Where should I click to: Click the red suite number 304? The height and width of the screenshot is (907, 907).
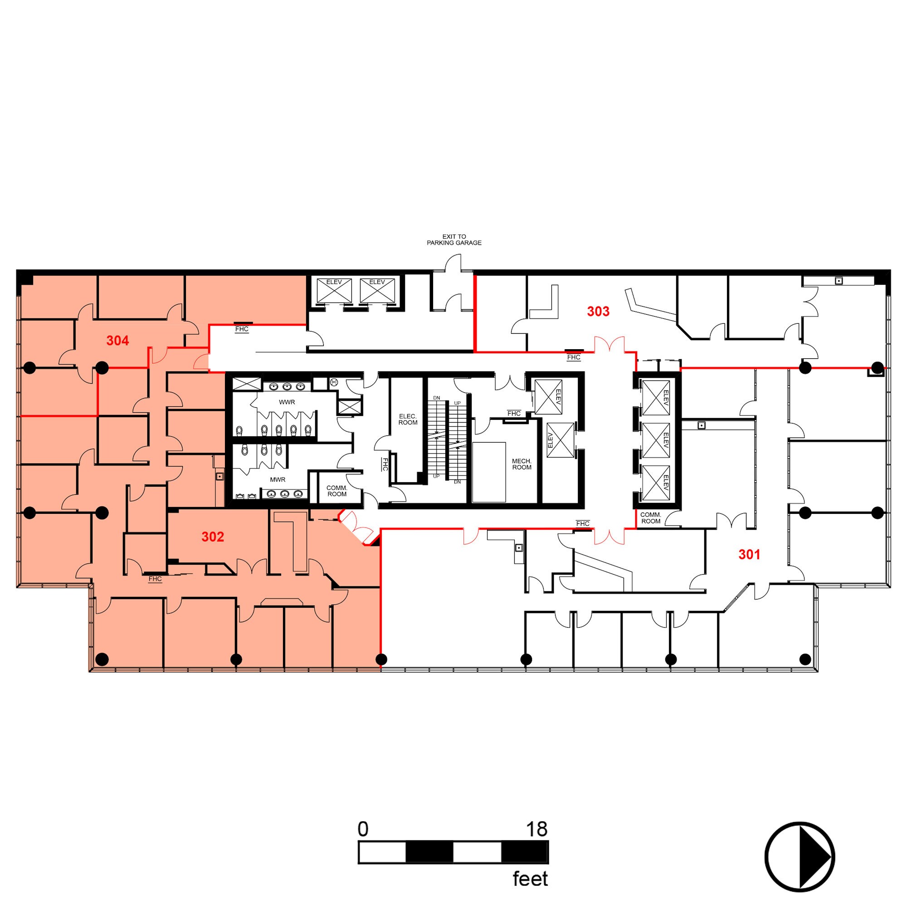coord(117,341)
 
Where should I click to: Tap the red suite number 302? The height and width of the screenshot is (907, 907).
coord(213,536)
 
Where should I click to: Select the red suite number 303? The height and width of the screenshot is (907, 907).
coord(598,311)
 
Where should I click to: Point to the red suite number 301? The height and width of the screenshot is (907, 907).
coord(749,555)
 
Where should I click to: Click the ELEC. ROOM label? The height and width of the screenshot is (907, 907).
coord(408,419)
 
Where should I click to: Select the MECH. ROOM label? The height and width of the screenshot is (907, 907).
coord(522,464)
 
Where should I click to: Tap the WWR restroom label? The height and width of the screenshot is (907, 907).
coord(287,402)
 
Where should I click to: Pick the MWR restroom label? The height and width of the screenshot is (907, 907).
coord(278,479)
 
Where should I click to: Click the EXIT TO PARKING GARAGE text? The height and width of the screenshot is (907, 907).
coord(454,240)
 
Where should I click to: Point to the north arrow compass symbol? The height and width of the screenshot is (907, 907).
coord(800,857)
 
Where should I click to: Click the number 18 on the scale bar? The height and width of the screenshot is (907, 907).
coord(536,829)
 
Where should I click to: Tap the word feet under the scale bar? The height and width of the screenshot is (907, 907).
coord(530,879)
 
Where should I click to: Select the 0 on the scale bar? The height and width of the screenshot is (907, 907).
coord(363,829)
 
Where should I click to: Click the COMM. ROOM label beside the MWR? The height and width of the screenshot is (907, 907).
coord(336,491)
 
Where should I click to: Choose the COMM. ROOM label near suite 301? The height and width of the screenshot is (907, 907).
coord(650,518)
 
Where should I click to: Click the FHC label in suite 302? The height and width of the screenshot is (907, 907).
coord(155,579)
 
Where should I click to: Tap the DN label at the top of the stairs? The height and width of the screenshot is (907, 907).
coord(437,398)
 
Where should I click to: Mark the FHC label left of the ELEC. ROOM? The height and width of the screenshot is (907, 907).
coord(385,464)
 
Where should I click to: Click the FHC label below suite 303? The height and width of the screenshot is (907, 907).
coord(574,357)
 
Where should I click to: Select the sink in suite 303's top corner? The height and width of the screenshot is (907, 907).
coord(839,281)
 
